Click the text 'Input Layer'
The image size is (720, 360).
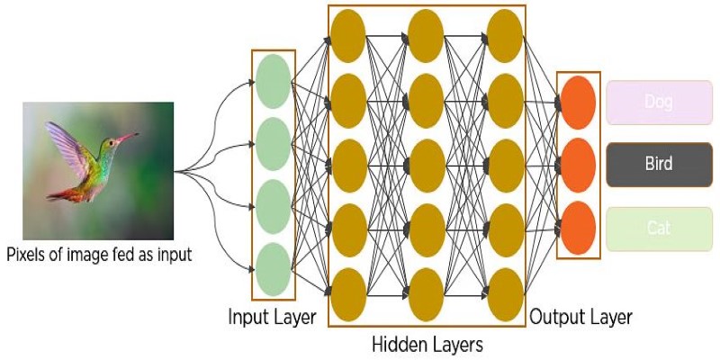point(271,317)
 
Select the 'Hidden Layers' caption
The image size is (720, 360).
point(427,344)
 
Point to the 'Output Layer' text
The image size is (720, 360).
point(580,317)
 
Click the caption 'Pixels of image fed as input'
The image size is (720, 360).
point(99,255)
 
